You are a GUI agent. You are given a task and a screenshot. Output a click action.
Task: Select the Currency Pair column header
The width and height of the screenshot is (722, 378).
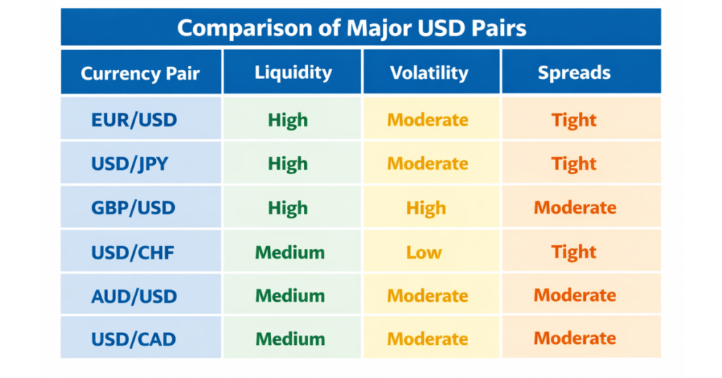(140, 73)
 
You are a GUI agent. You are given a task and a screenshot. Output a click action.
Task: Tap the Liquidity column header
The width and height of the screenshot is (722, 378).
(293, 73)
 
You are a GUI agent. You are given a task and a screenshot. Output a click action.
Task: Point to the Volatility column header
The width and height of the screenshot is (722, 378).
(429, 73)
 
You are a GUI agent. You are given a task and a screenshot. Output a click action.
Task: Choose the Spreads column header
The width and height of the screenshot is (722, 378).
(574, 73)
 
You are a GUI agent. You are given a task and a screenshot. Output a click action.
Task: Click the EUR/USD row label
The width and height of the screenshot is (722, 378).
(134, 120)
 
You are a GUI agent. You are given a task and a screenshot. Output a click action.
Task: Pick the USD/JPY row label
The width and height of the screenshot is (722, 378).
(130, 164)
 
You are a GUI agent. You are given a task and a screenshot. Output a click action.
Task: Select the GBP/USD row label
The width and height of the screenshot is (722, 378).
(134, 208)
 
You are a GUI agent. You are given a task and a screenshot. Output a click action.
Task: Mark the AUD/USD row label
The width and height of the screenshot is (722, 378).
(134, 295)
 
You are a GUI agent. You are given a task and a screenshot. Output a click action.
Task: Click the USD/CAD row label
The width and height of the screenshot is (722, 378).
(133, 339)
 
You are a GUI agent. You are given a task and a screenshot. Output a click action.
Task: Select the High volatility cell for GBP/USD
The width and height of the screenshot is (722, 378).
(426, 208)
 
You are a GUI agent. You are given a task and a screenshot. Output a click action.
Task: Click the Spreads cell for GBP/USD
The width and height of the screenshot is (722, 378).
(575, 208)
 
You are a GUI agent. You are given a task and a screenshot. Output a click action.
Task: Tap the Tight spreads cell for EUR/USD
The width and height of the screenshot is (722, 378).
(574, 120)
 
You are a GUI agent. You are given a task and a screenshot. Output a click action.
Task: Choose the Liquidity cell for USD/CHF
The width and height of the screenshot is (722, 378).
(290, 252)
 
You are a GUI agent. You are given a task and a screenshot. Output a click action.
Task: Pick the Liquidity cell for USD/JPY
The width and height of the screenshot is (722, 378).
(288, 164)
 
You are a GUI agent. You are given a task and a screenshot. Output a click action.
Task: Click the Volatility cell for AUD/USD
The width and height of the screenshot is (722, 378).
(427, 295)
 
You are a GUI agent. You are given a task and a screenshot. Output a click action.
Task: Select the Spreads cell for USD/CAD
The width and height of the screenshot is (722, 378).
(575, 339)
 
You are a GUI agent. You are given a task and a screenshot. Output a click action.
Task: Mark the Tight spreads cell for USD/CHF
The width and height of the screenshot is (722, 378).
(574, 252)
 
